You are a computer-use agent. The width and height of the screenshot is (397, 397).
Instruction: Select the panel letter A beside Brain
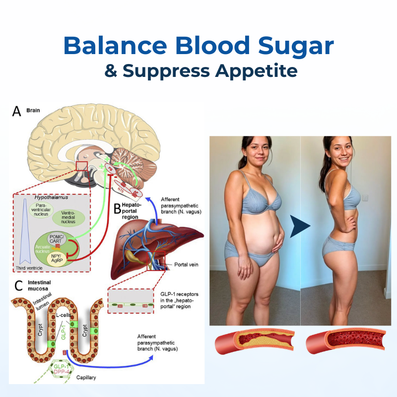point(17,111)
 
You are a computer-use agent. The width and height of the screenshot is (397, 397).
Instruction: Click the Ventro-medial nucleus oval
point(68,216)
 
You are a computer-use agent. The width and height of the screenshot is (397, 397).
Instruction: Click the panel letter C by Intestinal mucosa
point(18,285)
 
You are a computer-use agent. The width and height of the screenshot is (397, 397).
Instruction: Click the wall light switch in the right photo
point(366,197)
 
